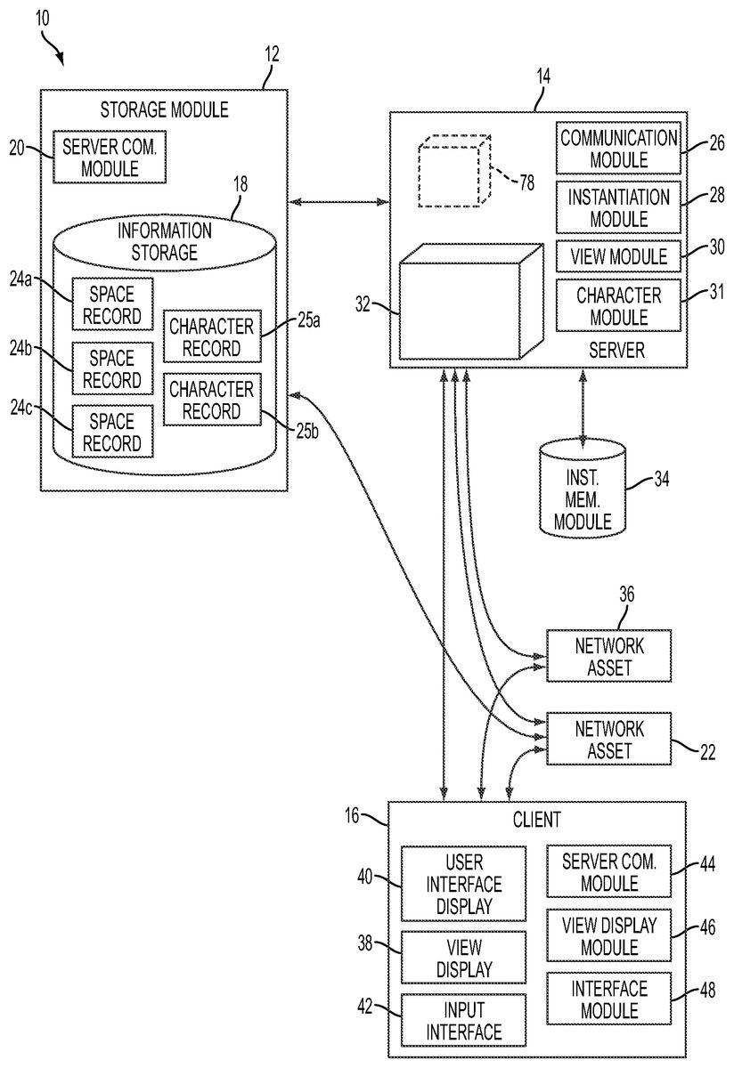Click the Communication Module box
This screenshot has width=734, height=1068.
pos(618,149)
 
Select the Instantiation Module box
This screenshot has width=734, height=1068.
pos(618,206)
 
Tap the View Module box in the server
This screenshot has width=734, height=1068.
pos(618,256)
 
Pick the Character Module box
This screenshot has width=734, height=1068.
pos(618,306)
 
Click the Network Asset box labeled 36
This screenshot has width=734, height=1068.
pos(608,655)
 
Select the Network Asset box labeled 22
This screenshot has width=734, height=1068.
pos(608,739)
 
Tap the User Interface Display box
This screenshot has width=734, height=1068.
pos(463,884)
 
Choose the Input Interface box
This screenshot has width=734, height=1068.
pos(463,1020)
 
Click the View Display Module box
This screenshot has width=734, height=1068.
pos(609,934)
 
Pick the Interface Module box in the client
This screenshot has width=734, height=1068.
pos(609,999)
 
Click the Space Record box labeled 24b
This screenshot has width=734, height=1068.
pos(112,368)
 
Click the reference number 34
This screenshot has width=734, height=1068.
pos(661,480)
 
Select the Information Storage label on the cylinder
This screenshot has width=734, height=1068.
pos(165,240)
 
